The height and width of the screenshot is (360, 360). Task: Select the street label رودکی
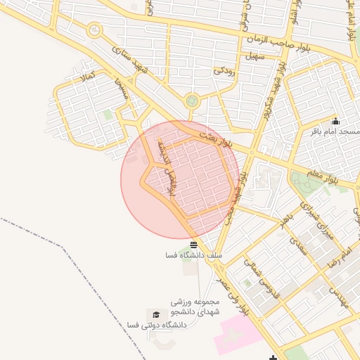(x=225, y=70)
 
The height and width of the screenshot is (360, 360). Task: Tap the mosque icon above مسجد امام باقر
(x=335, y=120)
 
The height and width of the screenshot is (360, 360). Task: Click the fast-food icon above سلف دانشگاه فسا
(x=193, y=244)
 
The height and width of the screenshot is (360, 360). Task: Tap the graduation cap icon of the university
(x=155, y=314)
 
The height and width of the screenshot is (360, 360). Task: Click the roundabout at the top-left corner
(x=94, y=30)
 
